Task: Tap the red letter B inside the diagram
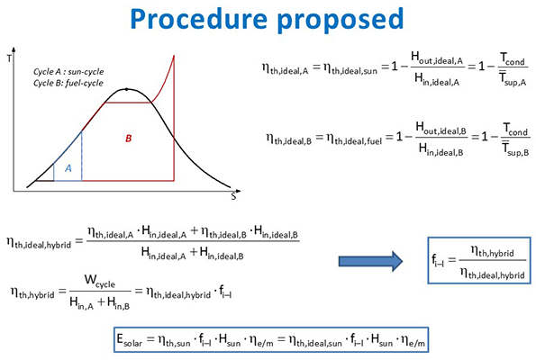pyautogui.click(x=129, y=139)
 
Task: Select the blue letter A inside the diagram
pyautogui.click(x=68, y=168)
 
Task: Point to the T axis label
pyautogui.click(x=9, y=58)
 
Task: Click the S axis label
pyautogui.click(x=234, y=197)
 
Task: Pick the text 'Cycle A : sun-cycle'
pyautogui.click(x=68, y=72)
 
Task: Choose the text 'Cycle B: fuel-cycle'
pyautogui.click(x=68, y=83)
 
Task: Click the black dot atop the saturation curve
pyautogui.click(x=126, y=89)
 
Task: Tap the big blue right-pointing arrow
pyautogui.click(x=371, y=262)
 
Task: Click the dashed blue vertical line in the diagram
pyautogui.click(x=82, y=156)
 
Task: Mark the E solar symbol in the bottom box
pyautogui.click(x=130, y=340)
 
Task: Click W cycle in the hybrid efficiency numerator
pyautogui.click(x=100, y=281)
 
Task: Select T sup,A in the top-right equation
pyautogui.click(x=513, y=79)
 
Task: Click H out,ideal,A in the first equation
pyautogui.click(x=437, y=58)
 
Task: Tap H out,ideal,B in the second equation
pyautogui.click(x=441, y=129)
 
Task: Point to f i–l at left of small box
pyautogui.click(x=438, y=261)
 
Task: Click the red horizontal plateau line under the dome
pyautogui.click(x=128, y=103)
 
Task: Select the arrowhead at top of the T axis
pyautogui.click(x=14, y=49)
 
